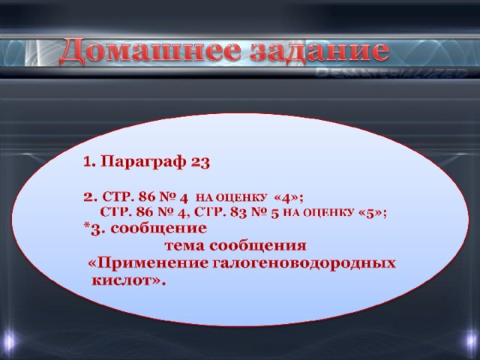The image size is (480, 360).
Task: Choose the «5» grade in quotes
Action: pos(370,213)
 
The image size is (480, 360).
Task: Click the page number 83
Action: pos(238,212)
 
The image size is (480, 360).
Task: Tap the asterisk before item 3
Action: pos(87,226)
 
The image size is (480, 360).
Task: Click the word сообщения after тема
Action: pos(258,246)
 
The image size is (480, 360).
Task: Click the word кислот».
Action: pos(128,280)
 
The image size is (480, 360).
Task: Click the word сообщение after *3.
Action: pos(158,229)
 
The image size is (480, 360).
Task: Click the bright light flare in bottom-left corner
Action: pos(8,340)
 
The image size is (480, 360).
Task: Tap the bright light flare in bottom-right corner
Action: pos(471,340)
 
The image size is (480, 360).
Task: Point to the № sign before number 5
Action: pos(259,213)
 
